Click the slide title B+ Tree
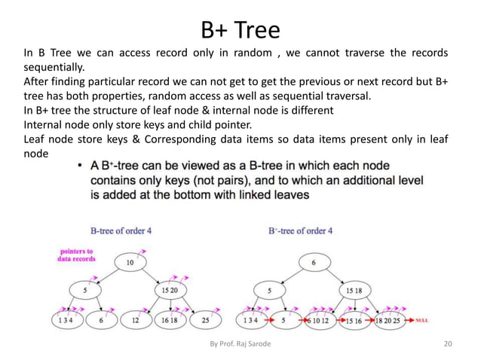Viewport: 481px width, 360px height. [240, 29]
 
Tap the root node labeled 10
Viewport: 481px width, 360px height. [130, 262]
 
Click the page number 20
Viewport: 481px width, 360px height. [448, 344]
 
